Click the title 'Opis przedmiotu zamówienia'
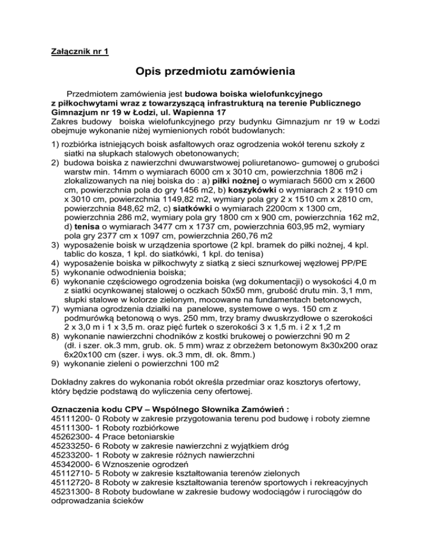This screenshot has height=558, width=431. pyautogui.click(x=215, y=73)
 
